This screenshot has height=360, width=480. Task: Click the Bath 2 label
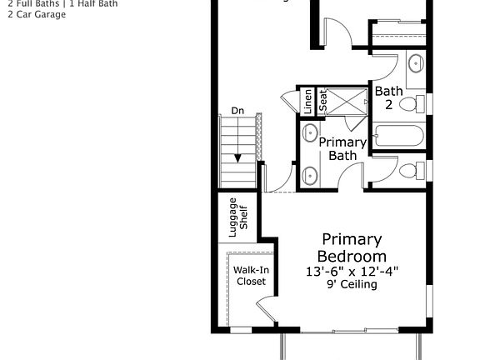[x=388, y=97]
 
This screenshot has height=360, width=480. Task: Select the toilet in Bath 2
[x=408, y=104]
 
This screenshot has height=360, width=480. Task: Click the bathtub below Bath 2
[x=399, y=135]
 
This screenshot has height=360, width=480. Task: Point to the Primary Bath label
[x=342, y=148]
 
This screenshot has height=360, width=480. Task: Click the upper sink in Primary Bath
[x=310, y=132]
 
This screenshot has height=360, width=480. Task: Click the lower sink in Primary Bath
[x=310, y=175]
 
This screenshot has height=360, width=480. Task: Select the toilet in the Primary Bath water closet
[x=408, y=171]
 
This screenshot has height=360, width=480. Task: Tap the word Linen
[x=307, y=101]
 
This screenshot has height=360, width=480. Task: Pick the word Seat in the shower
[x=323, y=101]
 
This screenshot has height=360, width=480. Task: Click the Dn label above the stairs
[x=237, y=111]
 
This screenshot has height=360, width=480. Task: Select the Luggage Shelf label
[x=238, y=214]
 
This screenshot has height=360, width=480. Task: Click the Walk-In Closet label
[x=250, y=276]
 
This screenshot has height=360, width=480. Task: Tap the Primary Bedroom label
[x=352, y=247]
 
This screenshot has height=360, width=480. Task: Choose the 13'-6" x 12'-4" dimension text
[x=352, y=271]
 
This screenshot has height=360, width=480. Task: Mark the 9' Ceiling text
[x=352, y=284]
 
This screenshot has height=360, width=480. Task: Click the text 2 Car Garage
[x=37, y=14]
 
